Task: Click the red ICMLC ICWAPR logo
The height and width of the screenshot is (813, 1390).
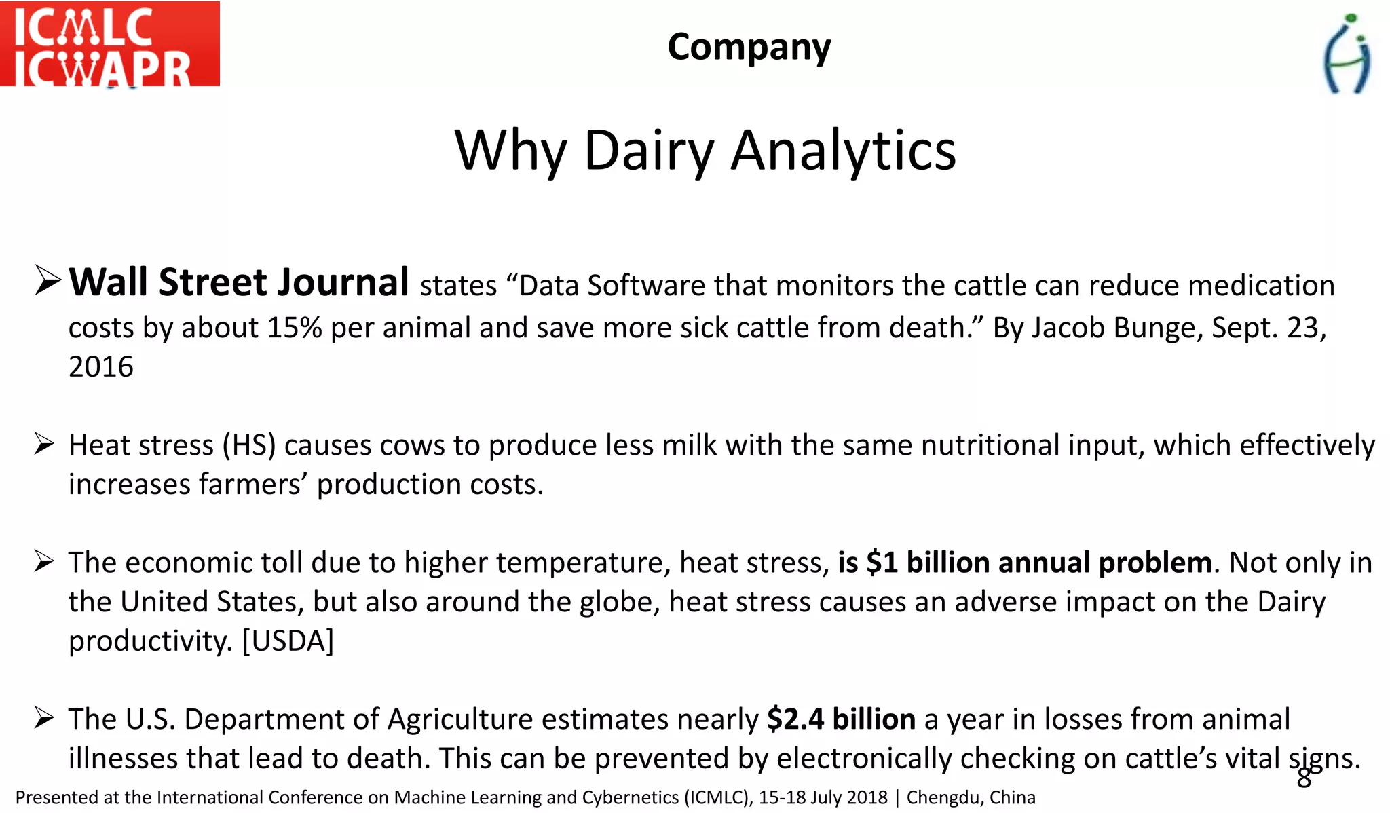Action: [109, 44]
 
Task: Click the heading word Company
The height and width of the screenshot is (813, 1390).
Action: [749, 47]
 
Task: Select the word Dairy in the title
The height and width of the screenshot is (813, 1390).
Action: [649, 151]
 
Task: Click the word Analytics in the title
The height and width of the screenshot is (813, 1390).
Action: [843, 151]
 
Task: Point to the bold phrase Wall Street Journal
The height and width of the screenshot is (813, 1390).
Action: [239, 282]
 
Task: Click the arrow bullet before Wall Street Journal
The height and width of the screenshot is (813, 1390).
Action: [48, 281]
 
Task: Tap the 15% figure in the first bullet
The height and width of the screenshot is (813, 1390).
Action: [294, 328]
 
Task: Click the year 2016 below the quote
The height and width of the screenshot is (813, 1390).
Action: [101, 367]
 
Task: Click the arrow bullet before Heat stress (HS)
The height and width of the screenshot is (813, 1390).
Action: [44, 445]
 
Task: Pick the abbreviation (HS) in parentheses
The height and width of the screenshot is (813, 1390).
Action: [249, 446]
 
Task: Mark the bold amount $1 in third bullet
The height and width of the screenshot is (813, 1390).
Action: [882, 563]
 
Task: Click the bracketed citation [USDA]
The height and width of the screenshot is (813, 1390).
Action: [288, 641]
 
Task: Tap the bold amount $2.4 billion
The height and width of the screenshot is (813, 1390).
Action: [841, 719]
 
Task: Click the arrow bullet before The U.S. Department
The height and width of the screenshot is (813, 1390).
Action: [44, 718]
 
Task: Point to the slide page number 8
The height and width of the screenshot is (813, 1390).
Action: [1304, 778]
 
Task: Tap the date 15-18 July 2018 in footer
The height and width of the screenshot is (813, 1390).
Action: [823, 797]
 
